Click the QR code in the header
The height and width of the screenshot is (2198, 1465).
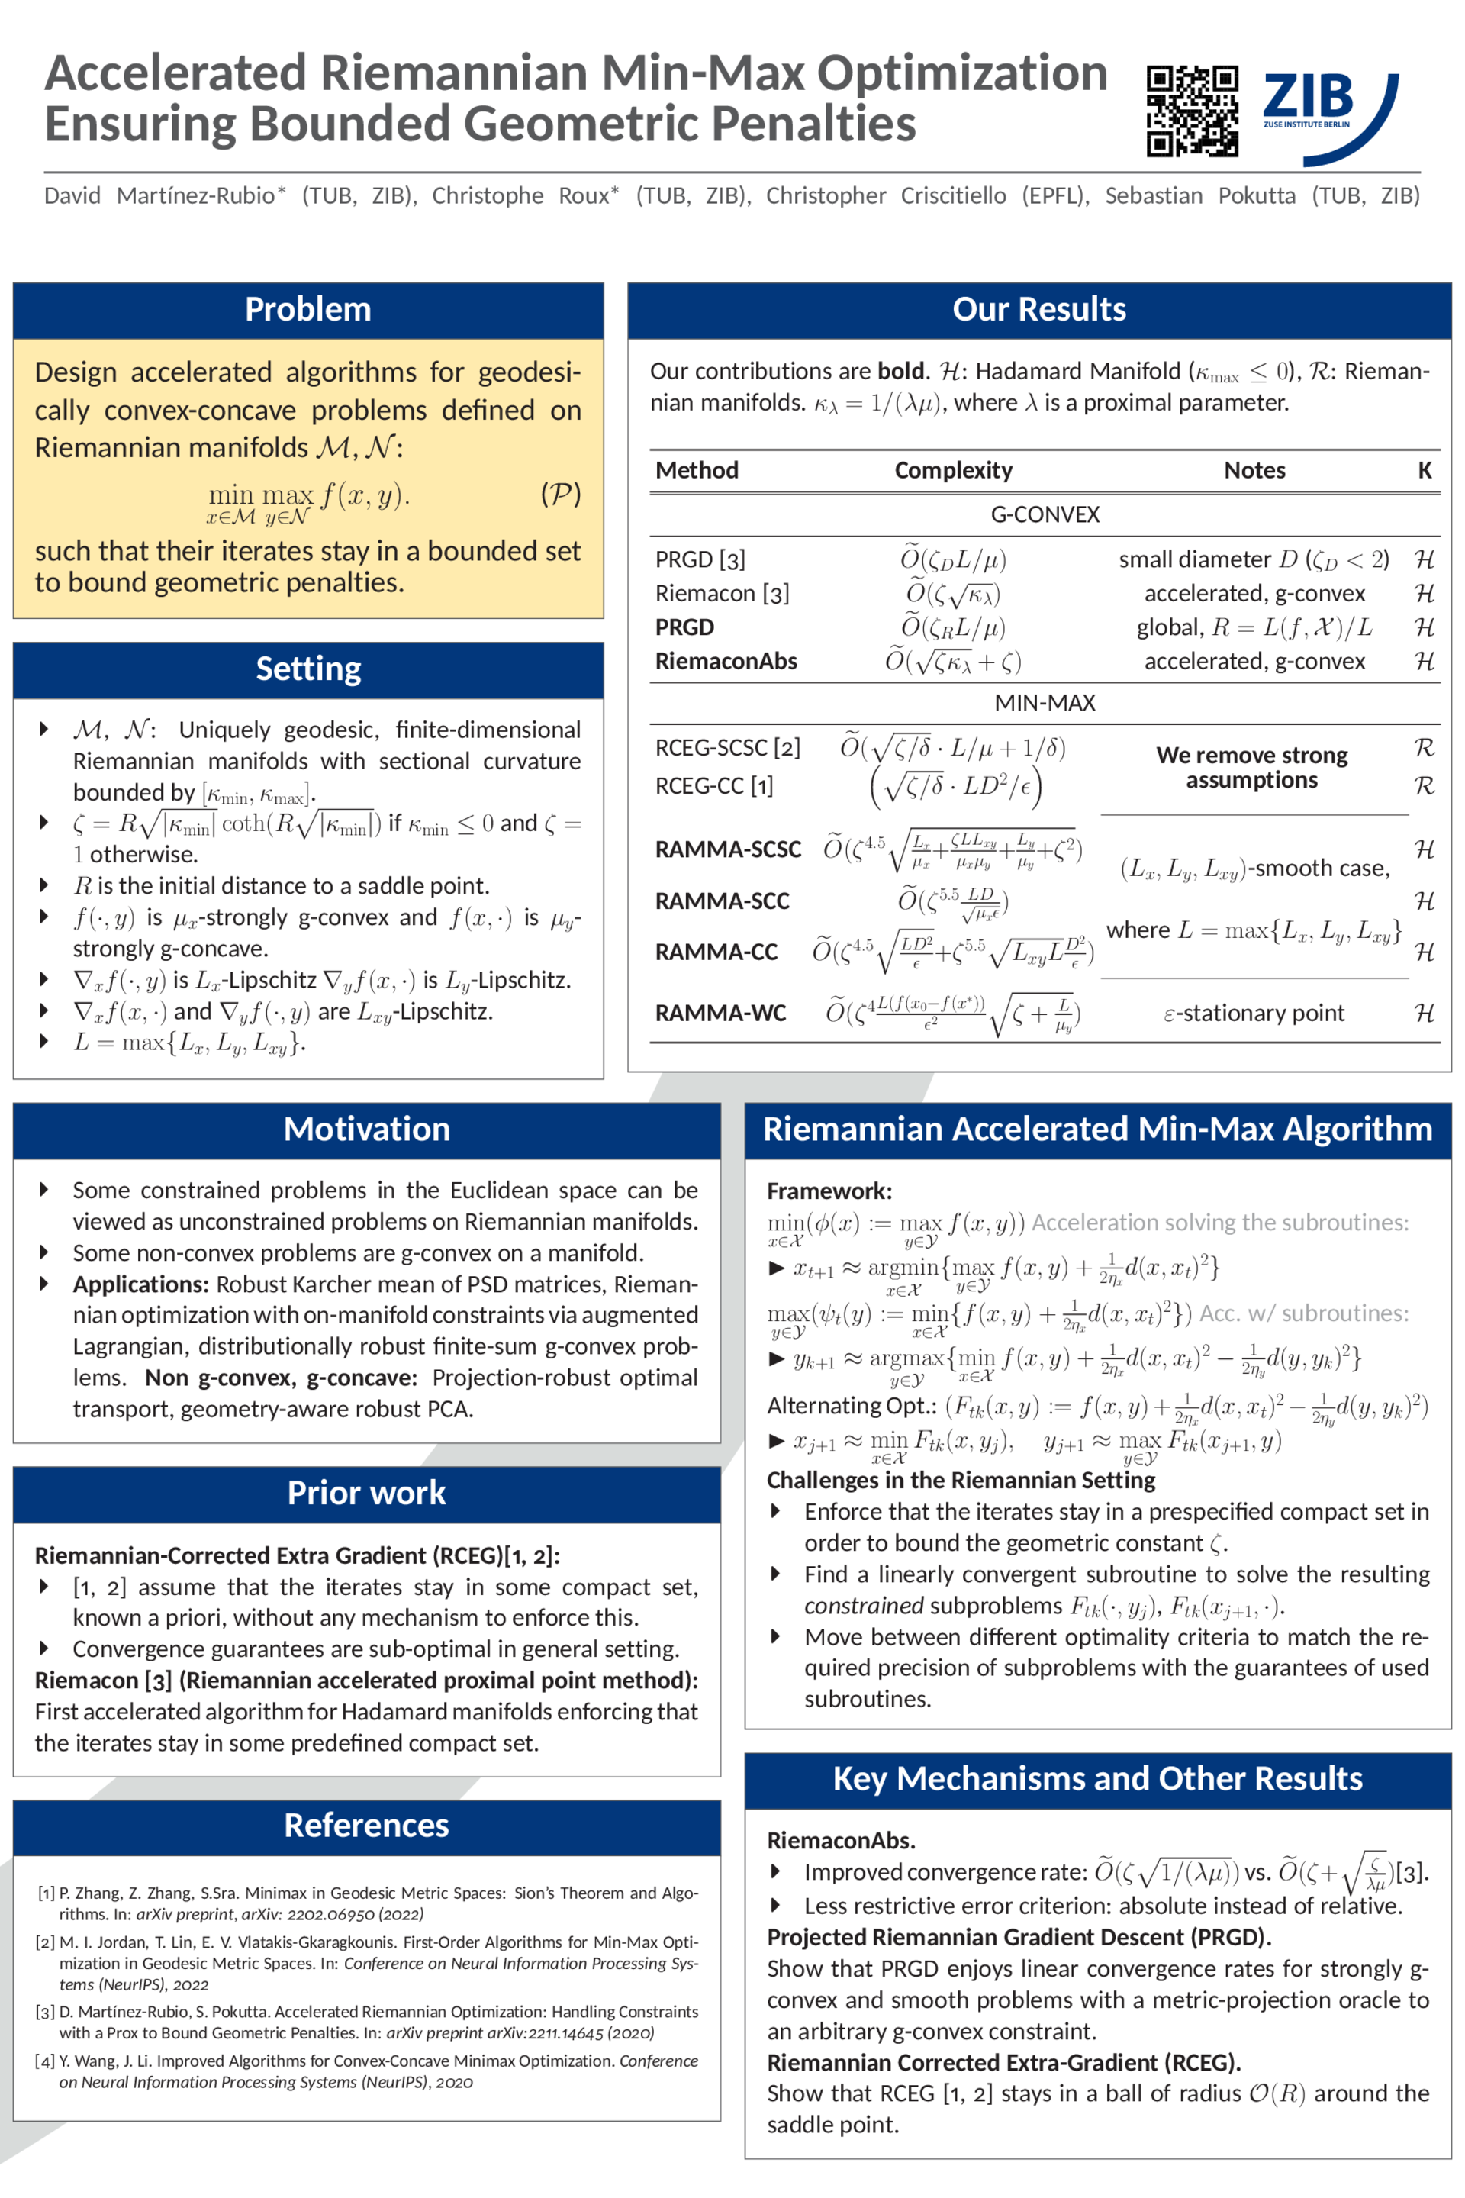tap(1192, 110)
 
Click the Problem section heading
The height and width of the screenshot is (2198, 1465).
tap(307, 309)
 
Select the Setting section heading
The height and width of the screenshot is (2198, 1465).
tap(307, 669)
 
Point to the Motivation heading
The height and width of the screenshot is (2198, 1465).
tap(366, 1129)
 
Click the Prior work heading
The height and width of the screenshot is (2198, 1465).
tap(366, 1493)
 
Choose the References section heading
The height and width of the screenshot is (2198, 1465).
tap(366, 1825)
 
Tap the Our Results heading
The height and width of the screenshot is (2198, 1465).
tap(1039, 309)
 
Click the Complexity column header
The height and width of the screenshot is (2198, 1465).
tap(953, 470)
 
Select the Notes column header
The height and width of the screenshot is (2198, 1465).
tap(1254, 470)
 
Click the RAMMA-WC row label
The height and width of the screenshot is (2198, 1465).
tap(720, 1013)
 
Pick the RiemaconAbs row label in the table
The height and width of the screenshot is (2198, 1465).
tap(726, 662)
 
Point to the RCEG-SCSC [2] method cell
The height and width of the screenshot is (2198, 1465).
tap(728, 748)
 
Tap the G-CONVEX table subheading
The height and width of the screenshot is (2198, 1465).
tap(1045, 515)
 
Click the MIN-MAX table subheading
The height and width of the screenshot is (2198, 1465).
tap(1045, 703)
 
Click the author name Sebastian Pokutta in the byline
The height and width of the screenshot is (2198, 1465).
tap(1200, 195)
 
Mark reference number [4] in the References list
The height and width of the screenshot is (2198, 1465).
tap(46, 2061)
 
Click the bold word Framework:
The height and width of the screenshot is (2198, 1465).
tap(829, 1191)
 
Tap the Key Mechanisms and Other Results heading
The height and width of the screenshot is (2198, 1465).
tap(1097, 1778)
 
